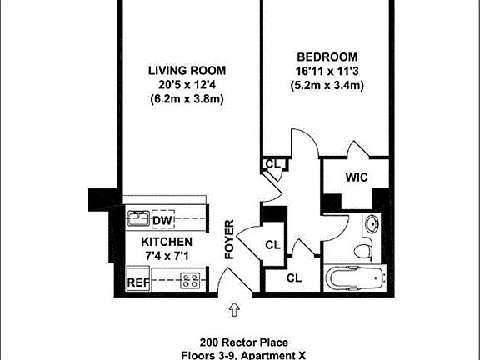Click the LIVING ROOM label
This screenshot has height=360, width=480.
tap(187, 71)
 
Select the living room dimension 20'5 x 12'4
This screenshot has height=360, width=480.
tap(187, 85)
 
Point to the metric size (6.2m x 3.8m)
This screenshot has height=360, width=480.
tap(187, 99)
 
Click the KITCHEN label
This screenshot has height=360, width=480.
tap(155, 242)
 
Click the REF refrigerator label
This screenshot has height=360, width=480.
tap(137, 282)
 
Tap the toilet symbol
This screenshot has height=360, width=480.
tap(363, 248)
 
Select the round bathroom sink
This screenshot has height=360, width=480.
tap(372, 223)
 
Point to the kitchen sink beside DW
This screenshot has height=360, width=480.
tap(137, 220)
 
